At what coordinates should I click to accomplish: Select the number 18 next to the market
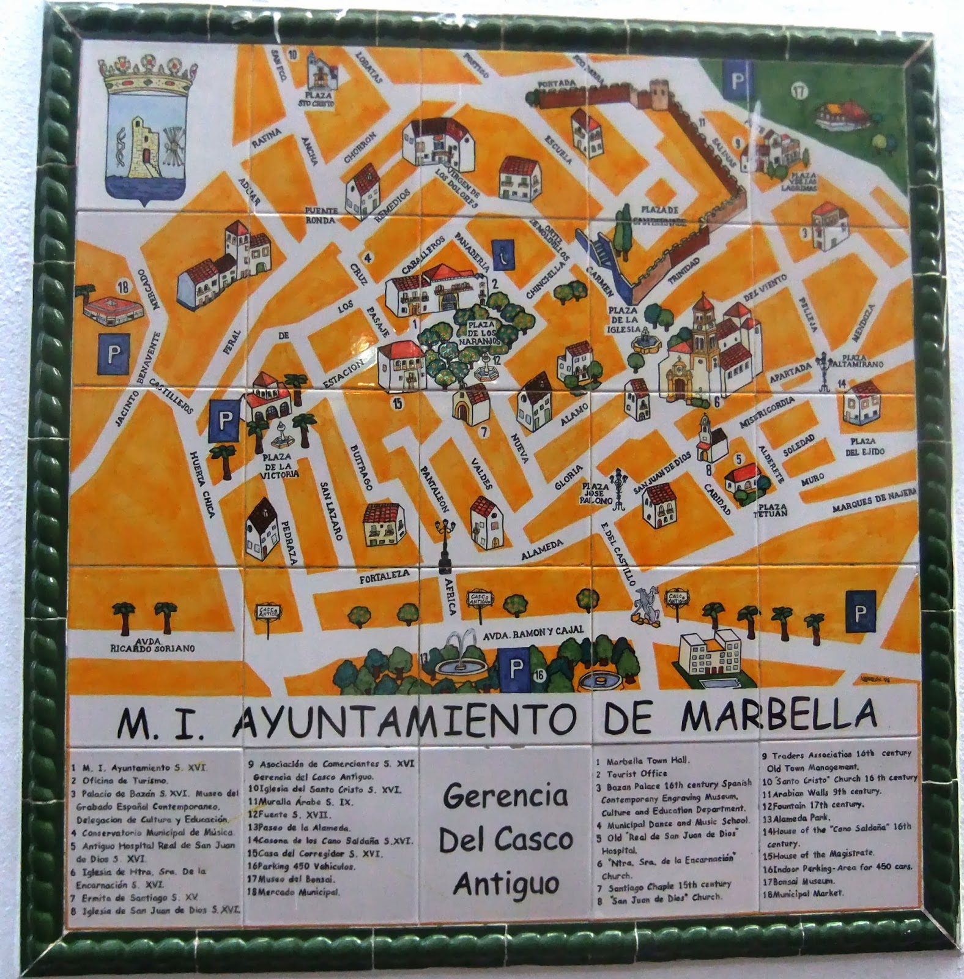[x=124, y=286]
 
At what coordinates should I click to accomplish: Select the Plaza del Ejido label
[x=865, y=446]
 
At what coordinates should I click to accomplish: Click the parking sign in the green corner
[x=735, y=80]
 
